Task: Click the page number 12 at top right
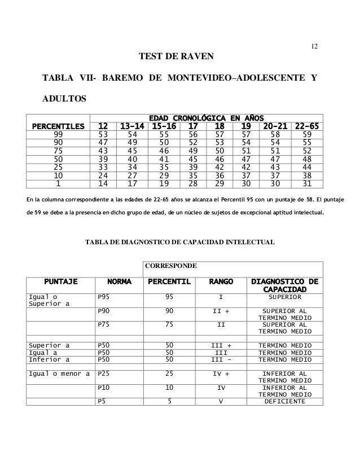[315, 45]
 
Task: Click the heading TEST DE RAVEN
[180, 57]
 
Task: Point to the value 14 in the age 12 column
[103, 183]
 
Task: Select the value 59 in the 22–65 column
[307, 135]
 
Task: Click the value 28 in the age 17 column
[193, 183]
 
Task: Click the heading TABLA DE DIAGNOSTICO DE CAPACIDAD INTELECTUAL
[179, 243]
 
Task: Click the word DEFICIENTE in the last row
[284, 402]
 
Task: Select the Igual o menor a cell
[60, 373]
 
